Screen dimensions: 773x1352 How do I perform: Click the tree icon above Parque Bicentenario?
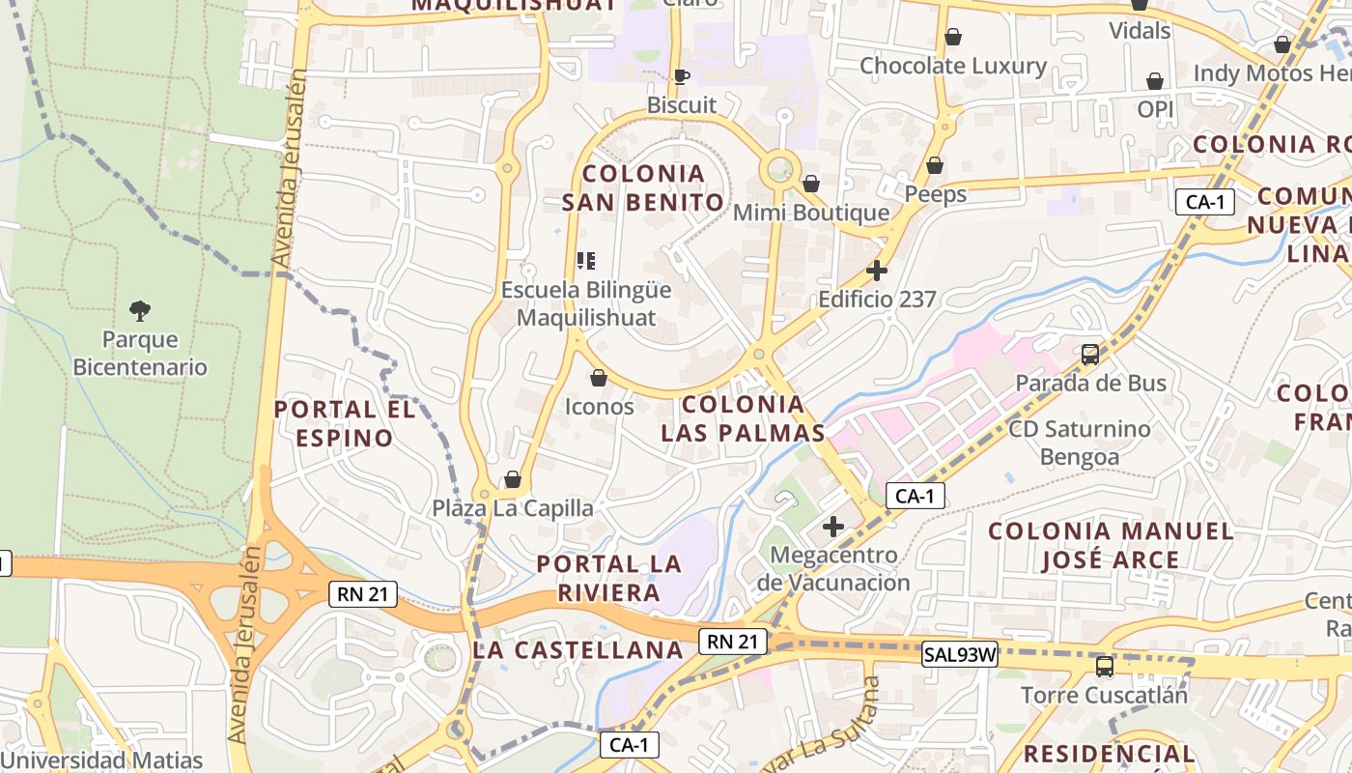tap(140, 310)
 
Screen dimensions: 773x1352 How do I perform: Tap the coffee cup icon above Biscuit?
tap(682, 76)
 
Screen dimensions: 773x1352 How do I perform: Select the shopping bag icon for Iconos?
tap(599, 378)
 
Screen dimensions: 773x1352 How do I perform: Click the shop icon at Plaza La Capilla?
tap(513, 480)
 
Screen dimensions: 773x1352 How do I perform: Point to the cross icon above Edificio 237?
tap(877, 271)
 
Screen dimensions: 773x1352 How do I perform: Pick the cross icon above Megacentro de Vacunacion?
tap(833, 527)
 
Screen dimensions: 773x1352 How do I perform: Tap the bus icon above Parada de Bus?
tap(1090, 355)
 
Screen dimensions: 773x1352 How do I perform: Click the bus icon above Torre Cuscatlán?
tap(1105, 666)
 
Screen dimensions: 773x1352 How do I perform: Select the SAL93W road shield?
tap(959, 654)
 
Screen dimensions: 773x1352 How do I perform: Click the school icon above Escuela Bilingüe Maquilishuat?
tap(586, 261)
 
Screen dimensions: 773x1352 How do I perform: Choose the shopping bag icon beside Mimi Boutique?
tap(811, 184)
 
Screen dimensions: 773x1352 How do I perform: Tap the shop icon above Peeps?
tap(935, 166)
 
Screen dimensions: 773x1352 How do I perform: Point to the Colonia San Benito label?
tap(643, 188)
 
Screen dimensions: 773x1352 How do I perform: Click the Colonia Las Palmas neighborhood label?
tap(744, 418)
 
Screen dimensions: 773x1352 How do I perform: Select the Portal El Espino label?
tap(345, 423)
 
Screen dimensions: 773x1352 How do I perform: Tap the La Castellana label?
tap(578, 650)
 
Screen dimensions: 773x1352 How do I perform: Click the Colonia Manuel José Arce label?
tap(1111, 545)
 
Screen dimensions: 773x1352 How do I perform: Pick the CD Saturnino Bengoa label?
tap(1080, 443)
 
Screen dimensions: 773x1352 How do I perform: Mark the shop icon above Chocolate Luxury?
tap(953, 38)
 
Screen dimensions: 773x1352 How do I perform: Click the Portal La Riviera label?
tap(608, 578)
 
